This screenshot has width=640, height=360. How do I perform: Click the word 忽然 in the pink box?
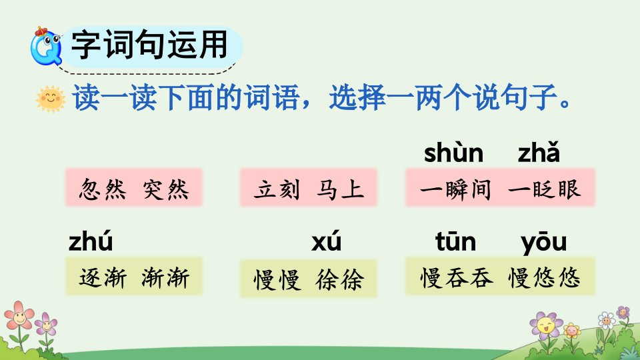[x=103, y=189]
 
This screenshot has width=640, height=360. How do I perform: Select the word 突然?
[x=166, y=189]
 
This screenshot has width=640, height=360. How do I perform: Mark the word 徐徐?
[x=339, y=279]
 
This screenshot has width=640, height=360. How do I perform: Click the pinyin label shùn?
[x=453, y=153]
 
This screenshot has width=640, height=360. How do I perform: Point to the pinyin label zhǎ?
[x=539, y=152]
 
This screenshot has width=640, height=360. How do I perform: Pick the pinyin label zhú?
[x=91, y=241]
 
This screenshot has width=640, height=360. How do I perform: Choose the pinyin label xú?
[x=326, y=241]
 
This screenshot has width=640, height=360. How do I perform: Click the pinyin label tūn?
[x=455, y=241]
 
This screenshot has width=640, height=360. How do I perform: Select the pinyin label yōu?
[x=544, y=243]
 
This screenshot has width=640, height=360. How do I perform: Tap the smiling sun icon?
[x=51, y=99]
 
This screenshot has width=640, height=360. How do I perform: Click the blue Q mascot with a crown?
[x=46, y=46]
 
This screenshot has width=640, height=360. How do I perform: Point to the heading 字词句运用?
[x=149, y=45]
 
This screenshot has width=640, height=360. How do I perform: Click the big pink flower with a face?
[x=19, y=315]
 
